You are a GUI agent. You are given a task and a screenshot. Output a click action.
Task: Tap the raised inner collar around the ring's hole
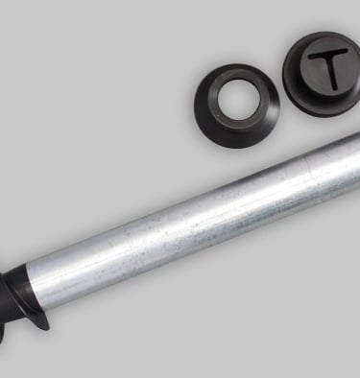237,123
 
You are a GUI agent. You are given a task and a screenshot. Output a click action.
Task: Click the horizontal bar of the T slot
327,54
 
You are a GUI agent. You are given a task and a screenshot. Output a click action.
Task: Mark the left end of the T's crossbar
310,57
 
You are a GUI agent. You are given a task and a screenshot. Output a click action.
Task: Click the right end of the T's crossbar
346,50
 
